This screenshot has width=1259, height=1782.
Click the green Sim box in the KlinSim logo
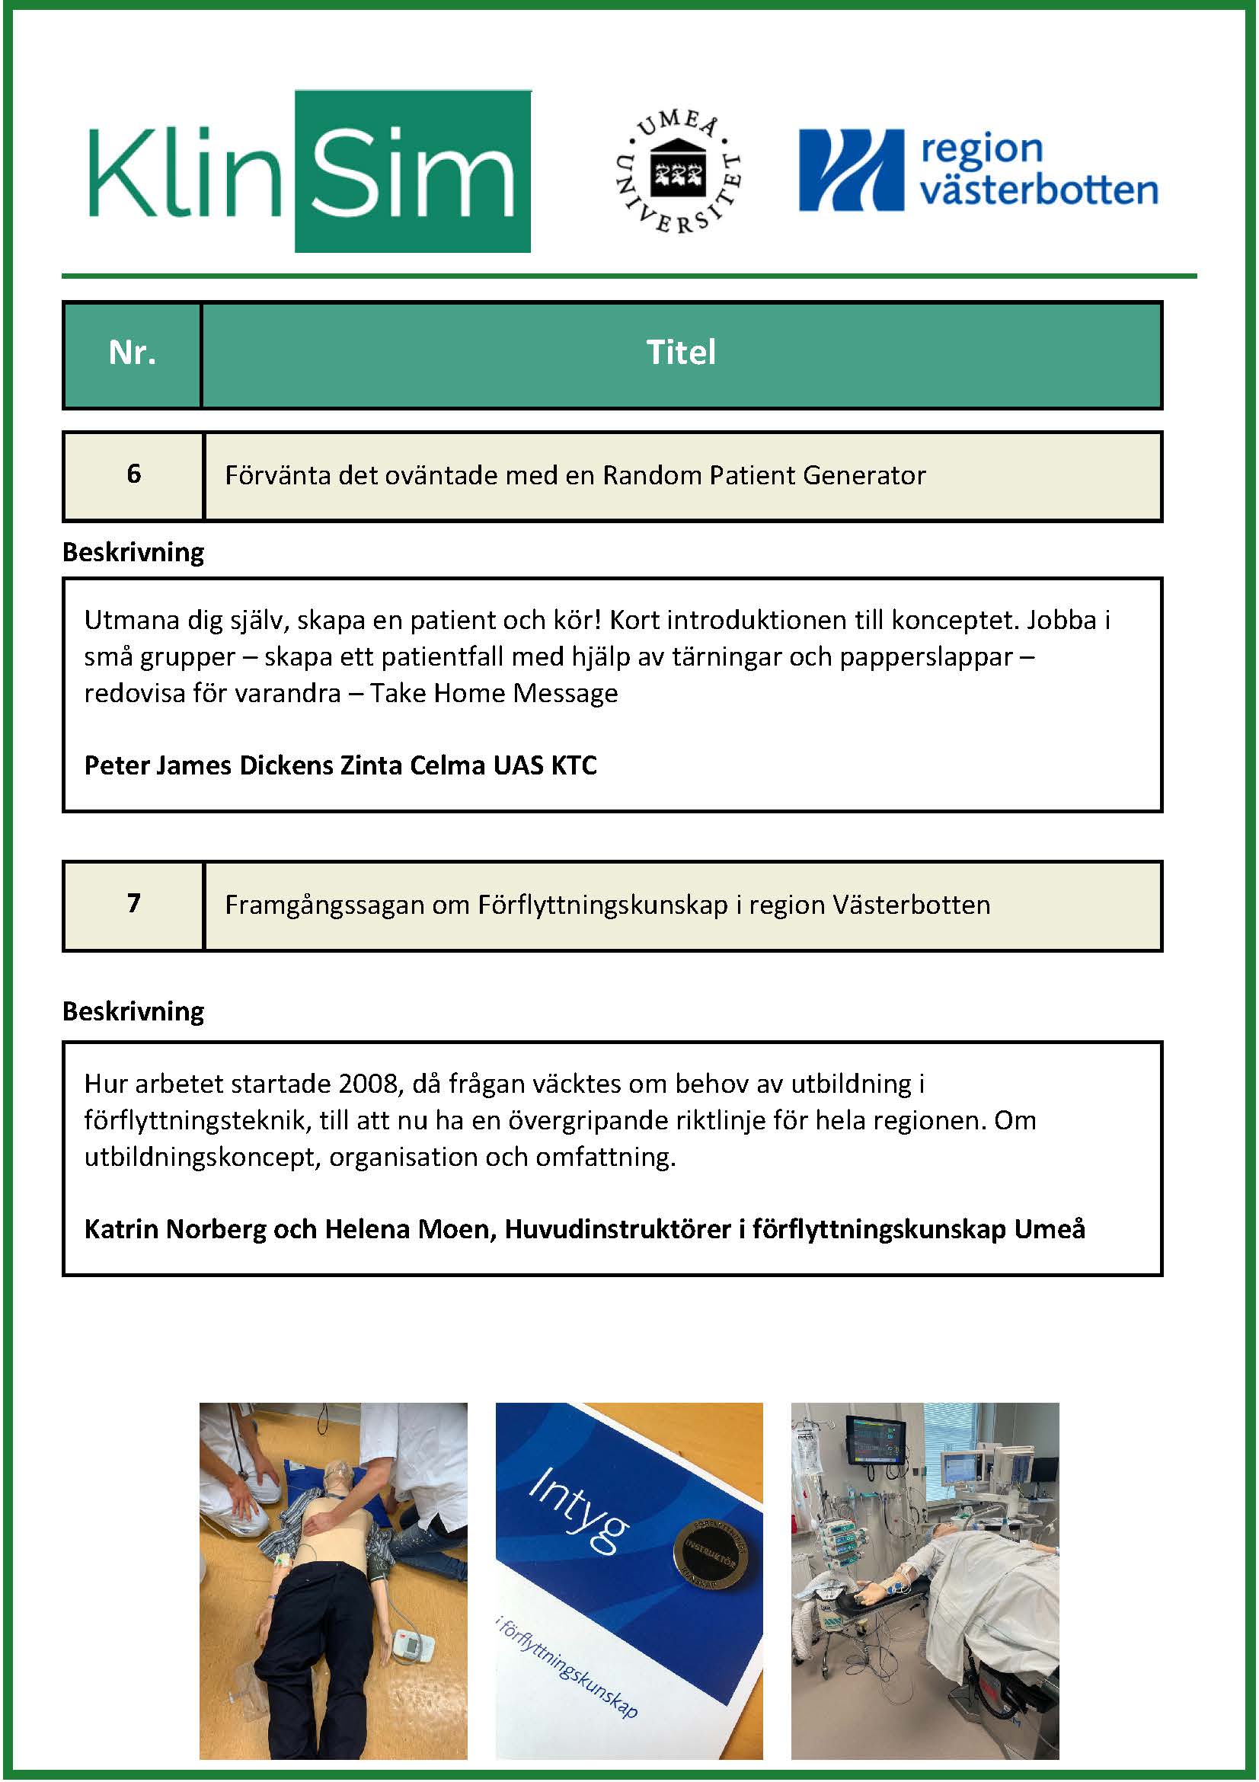tap(412, 171)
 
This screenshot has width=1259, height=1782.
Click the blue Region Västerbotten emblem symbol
tap(852, 171)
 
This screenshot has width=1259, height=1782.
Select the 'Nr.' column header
tap(132, 354)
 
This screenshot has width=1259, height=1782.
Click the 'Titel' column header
tap(681, 354)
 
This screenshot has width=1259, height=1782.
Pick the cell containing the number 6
tap(133, 474)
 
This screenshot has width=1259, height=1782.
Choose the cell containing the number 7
tap(133, 903)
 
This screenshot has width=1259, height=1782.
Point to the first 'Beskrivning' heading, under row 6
tap(133, 553)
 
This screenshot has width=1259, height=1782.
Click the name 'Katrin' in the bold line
tap(120, 1229)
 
